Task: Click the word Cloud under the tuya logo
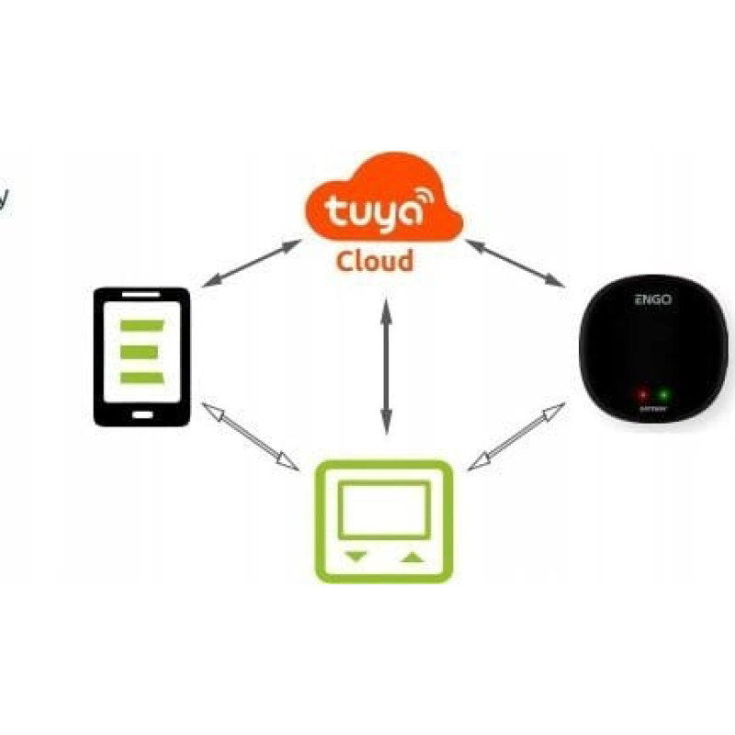pos(375,261)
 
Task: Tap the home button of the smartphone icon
pos(142,413)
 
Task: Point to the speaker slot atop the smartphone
pos(141,296)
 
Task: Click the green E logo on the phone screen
pos(141,351)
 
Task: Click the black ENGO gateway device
pos(654,353)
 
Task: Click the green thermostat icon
pos(384,520)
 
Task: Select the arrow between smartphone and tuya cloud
pos(251,265)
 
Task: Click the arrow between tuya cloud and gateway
pos(514,259)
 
